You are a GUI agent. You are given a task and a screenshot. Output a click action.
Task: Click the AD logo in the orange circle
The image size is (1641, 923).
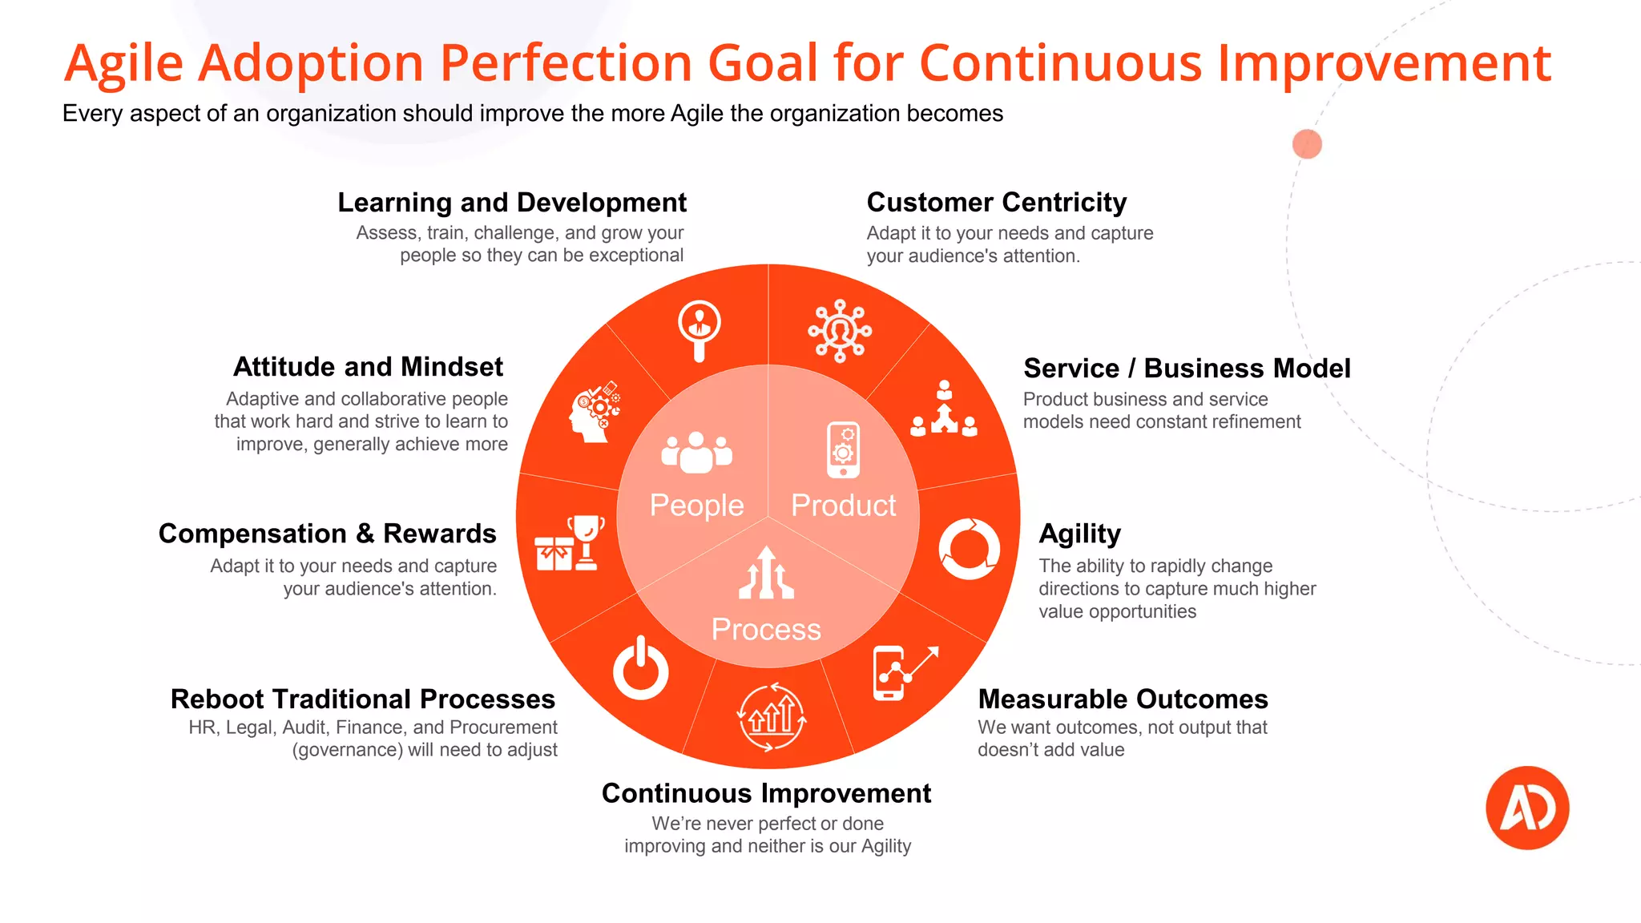(1527, 808)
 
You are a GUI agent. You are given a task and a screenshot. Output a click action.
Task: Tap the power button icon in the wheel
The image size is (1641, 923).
(640, 669)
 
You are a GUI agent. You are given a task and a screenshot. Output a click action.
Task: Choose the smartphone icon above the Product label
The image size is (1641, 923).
(843, 449)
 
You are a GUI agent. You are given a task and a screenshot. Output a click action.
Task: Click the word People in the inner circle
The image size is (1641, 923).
(696, 506)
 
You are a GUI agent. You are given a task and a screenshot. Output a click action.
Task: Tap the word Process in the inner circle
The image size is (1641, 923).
(766, 630)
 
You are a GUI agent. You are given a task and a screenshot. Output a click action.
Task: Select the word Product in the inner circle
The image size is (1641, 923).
(843, 506)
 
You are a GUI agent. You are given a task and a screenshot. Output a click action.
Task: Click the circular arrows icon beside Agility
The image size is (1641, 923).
(969, 549)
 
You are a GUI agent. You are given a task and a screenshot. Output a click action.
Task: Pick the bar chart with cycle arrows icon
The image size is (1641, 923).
(772, 716)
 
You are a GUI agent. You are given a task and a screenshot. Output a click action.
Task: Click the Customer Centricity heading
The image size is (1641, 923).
(996, 203)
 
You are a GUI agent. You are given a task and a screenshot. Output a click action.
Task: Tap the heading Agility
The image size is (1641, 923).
(1079, 534)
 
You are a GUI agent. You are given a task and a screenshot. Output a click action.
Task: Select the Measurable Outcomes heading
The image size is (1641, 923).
(1123, 699)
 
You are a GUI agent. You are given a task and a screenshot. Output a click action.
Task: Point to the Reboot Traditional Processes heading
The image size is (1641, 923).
(363, 699)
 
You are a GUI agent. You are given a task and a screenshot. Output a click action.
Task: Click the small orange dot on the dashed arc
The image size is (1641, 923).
(1307, 144)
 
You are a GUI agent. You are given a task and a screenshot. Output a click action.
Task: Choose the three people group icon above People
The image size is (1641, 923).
(696, 453)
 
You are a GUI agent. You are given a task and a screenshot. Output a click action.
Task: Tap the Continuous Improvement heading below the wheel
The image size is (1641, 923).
(766, 793)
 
